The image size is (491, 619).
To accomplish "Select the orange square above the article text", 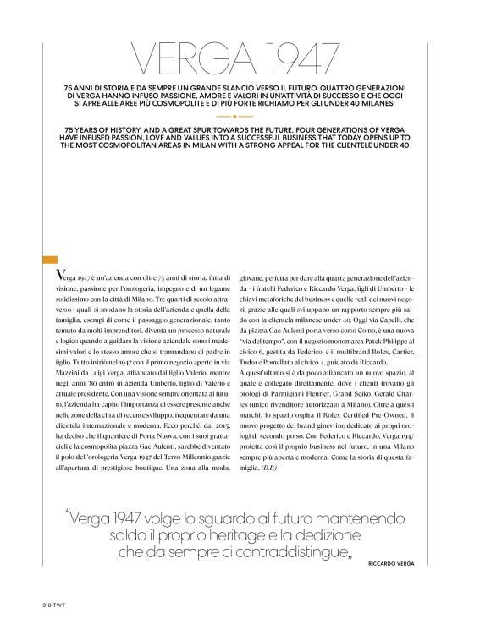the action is pyautogui.click(x=50, y=260).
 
